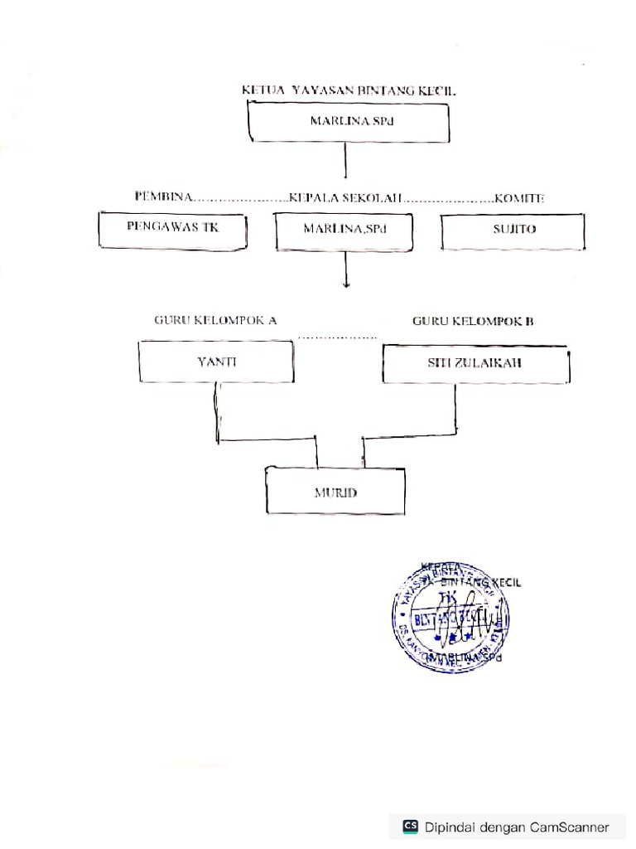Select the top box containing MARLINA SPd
click(349, 122)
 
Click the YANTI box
click(215, 361)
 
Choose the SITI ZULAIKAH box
click(476, 363)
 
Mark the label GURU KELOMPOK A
click(215, 320)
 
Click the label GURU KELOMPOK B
click(473, 321)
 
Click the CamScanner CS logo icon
click(410, 826)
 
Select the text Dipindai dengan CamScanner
click(518, 827)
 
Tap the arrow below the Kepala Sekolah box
click(345, 271)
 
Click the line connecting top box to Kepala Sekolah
click(344, 161)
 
